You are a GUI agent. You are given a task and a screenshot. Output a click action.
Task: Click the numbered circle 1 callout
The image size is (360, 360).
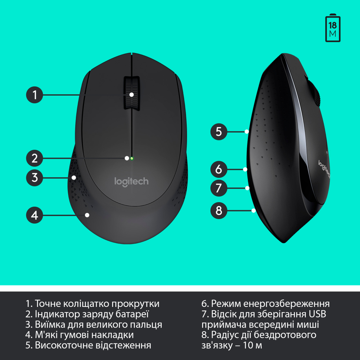(x=34, y=95)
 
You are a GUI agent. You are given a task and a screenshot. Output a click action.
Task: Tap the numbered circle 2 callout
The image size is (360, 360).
(x=34, y=158)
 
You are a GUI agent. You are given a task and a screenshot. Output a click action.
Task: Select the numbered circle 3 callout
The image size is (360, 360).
(x=34, y=178)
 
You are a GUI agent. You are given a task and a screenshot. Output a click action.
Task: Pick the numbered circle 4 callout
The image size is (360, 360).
(x=34, y=215)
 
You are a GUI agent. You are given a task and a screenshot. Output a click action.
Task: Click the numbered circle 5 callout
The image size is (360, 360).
(x=219, y=132)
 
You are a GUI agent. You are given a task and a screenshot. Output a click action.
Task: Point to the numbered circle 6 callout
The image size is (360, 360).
(x=219, y=169)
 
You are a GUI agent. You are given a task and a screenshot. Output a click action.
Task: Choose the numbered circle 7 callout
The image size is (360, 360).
(x=219, y=188)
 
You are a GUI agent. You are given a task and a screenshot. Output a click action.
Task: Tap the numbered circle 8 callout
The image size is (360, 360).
(x=219, y=211)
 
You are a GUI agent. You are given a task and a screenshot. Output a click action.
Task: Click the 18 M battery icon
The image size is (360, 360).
(x=333, y=28)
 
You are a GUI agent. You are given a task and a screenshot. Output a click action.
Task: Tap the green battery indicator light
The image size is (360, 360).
(x=131, y=158)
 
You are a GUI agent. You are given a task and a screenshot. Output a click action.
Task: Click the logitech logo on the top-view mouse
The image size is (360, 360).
(x=131, y=181)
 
